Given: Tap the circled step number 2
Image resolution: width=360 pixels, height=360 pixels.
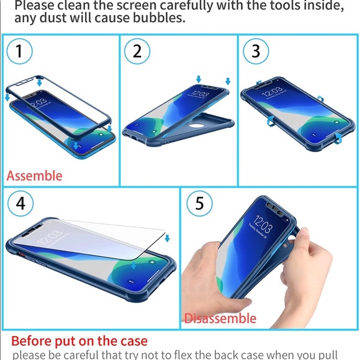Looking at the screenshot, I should click(x=137, y=52).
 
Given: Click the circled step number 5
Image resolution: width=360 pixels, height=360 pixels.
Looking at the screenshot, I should click(x=200, y=204).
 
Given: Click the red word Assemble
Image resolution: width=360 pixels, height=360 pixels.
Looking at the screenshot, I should click(x=35, y=176).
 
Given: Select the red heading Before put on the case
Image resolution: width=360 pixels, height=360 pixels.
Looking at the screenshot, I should click(x=79, y=341).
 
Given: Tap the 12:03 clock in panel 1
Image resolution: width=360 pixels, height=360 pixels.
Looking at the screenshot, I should click(x=38, y=102).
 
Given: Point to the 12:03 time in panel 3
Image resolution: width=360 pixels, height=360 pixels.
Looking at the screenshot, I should click(x=274, y=92).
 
